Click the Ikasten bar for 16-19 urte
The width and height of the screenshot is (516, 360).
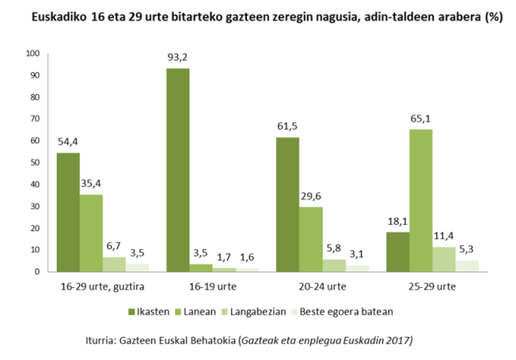(177, 170)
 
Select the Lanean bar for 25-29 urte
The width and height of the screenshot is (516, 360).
(420, 200)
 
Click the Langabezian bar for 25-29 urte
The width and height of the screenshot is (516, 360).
(443, 259)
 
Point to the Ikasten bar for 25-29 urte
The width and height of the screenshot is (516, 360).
(397, 252)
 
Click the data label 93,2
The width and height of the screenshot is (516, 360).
(177, 58)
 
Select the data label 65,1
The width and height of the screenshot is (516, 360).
(421, 119)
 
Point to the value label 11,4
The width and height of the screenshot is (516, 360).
(444, 236)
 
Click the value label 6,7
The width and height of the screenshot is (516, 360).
(114, 246)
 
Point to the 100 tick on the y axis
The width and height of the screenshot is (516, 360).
(32, 54)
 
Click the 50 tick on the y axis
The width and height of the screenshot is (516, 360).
(35, 162)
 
